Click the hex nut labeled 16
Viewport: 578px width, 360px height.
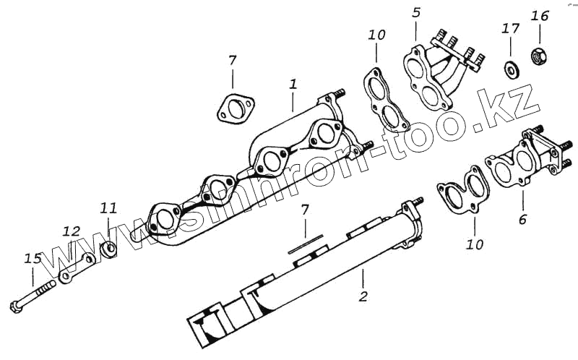[x=539, y=54]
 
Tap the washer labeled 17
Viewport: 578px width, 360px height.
[x=511, y=69]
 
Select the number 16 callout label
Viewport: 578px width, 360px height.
[x=540, y=16]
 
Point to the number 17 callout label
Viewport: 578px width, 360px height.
[x=510, y=29]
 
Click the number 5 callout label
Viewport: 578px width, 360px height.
[x=416, y=12]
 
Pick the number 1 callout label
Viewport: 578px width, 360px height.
[x=293, y=84]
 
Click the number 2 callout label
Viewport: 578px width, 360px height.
[x=363, y=296]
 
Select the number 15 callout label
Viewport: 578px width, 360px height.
[x=33, y=258]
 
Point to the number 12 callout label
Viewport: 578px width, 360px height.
[x=71, y=231]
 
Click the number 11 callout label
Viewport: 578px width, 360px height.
[x=108, y=208]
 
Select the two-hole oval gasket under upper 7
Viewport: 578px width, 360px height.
[x=234, y=108]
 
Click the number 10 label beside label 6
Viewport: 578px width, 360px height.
[x=475, y=244]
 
